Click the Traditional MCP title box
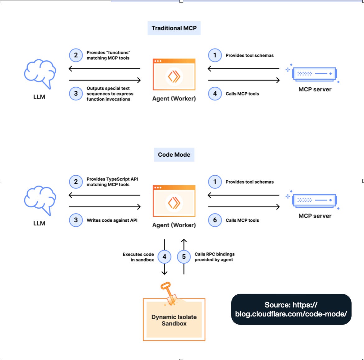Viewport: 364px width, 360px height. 174,28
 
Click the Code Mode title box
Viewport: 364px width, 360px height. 174,155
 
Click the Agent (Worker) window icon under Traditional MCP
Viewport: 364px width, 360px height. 174,75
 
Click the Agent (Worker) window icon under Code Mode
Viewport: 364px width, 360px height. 174,201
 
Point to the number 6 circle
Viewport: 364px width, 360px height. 215,220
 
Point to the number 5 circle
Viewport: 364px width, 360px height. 184,257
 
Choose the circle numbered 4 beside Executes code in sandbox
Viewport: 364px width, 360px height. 164,257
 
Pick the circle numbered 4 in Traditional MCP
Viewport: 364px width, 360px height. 215,94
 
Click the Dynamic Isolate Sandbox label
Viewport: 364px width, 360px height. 174,320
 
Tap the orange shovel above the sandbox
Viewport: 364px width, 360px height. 169,294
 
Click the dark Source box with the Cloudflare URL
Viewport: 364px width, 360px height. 291,309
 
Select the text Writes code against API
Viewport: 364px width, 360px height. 112,220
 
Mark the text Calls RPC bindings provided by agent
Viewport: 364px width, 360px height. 214,257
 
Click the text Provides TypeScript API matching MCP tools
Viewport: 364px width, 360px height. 112,182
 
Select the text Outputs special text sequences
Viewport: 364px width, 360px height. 110,91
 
